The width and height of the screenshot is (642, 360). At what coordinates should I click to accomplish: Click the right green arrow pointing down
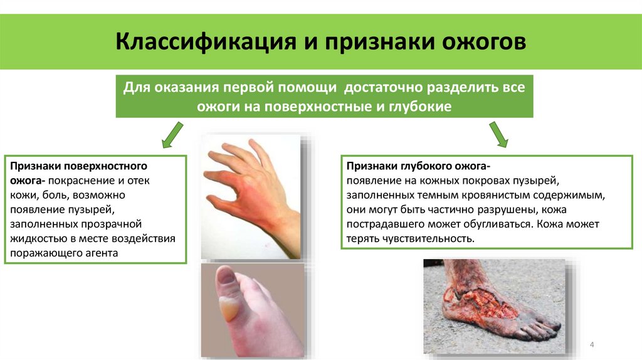(499, 134)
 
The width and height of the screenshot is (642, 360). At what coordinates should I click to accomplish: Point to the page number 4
(592, 346)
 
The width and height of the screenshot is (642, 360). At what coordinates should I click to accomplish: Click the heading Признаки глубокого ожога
(418, 166)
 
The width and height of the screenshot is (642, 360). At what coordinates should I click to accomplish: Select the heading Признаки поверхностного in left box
(78, 166)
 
